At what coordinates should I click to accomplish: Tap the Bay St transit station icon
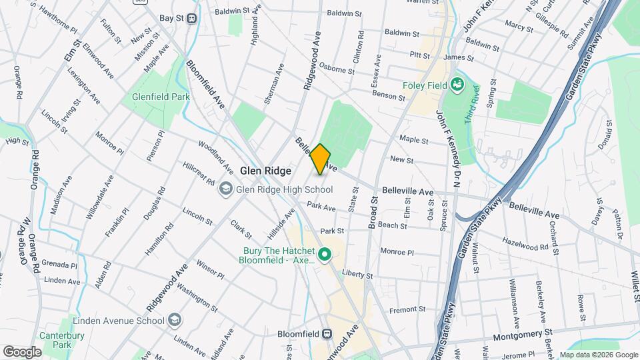coord(192,19)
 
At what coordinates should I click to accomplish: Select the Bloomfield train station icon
coord(327,334)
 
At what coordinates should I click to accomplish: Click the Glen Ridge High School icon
coord(227,189)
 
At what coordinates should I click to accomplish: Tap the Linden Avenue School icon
coord(175,321)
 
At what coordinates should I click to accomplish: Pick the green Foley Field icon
coord(457,85)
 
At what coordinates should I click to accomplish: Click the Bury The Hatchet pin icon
coord(325,254)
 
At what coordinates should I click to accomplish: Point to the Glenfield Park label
coord(161,97)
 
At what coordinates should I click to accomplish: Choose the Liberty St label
coord(357,275)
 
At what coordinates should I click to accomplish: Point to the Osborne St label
coord(337,70)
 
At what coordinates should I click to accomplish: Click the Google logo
coord(22,351)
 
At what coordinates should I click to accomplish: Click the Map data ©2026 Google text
coord(597,355)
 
